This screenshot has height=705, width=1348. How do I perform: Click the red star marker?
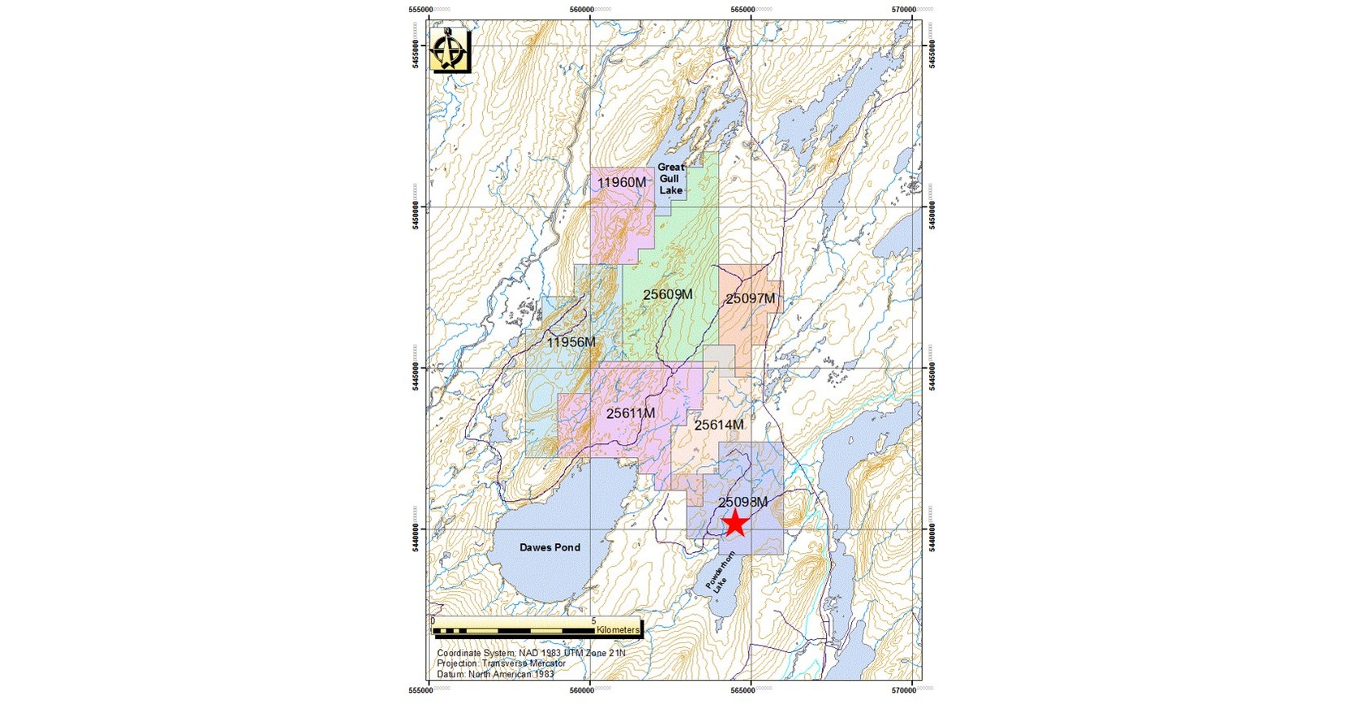coord(735,523)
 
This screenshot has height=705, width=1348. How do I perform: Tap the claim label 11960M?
coord(622,182)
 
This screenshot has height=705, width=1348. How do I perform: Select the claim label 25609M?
coord(667,294)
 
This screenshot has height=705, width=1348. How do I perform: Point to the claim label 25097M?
coord(750,298)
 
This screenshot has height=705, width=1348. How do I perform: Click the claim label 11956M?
coord(571,342)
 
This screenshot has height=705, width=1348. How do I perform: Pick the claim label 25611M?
coord(630,413)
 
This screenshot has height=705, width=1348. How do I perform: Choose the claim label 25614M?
coord(719,424)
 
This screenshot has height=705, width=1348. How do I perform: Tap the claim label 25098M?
coord(743,502)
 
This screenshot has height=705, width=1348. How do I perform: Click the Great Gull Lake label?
coord(671,178)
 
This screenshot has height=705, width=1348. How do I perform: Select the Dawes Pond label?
coord(550,547)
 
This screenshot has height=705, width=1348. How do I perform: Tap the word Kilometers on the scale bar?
coord(618,629)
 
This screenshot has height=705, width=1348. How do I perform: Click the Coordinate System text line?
coord(531,653)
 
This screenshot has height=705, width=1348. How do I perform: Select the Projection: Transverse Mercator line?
coord(501,664)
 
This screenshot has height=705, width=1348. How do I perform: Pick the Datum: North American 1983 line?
coord(495,674)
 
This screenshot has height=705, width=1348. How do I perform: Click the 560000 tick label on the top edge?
coord(591,9)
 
